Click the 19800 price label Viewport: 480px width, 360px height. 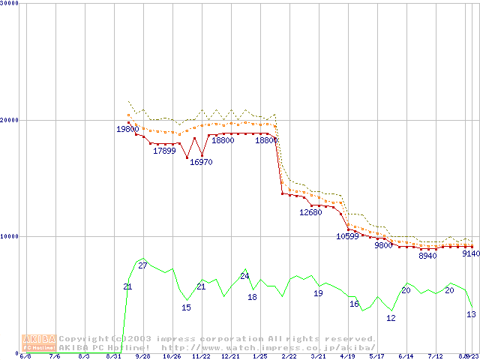tap(127, 129)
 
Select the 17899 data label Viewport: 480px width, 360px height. tap(164, 151)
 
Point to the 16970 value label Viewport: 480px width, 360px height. tap(200, 161)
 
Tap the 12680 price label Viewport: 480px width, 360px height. tap(310, 212)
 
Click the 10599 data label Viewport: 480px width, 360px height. tap(347, 236)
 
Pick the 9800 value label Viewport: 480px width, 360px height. tap(383, 245)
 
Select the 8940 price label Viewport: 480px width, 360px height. tap(427, 256)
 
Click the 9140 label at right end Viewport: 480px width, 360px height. tap(470, 253)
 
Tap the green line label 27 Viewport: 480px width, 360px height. tap(142, 265)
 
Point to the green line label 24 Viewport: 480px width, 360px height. tap(244, 276)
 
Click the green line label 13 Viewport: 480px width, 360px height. tap(471, 314)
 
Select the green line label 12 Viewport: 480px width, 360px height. tap(391, 318)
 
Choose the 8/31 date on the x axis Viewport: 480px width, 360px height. tap(113, 356)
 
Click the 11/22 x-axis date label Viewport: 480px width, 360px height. tap(200, 356)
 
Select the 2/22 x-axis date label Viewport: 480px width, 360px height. tap(289, 356)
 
